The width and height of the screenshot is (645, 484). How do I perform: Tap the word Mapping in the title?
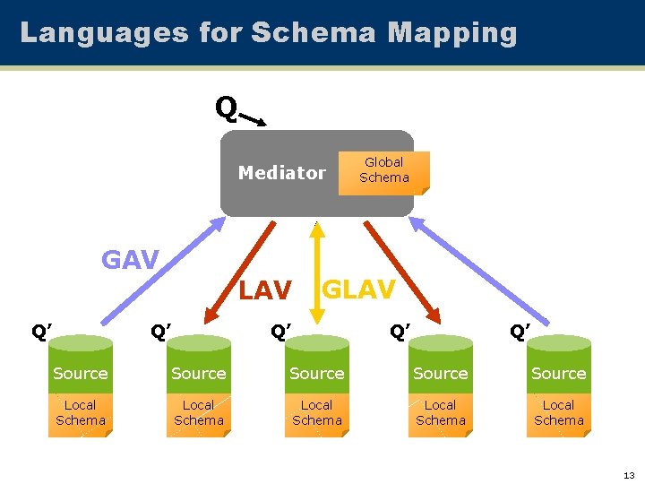pyautogui.click(x=452, y=33)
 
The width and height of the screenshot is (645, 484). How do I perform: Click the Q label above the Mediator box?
pyautogui.click(x=225, y=108)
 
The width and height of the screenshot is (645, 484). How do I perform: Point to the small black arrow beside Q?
pyautogui.click(x=254, y=119)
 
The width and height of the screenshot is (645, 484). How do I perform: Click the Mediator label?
pyautogui.click(x=281, y=173)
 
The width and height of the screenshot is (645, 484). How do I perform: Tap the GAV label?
pyautogui.click(x=130, y=261)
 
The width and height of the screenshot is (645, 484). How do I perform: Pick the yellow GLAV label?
pyautogui.click(x=358, y=290)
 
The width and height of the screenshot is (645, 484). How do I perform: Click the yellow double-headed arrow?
pyautogui.click(x=316, y=269)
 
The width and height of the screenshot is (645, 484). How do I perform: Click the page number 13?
pyautogui.click(x=628, y=474)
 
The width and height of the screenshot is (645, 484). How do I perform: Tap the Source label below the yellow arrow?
pyautogui.click(x=316, y=374)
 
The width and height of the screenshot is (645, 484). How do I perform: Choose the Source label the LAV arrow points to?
pyautogui.click(x=198, y=374)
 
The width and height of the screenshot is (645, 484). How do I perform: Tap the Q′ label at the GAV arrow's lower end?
pyautogui.click(x=41, y=333)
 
